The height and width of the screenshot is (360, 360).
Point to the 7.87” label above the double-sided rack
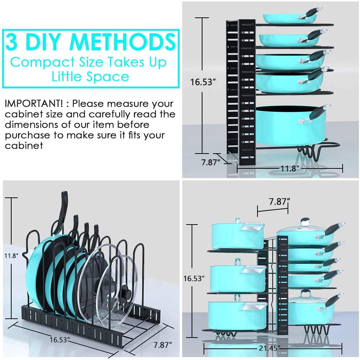point(278,202)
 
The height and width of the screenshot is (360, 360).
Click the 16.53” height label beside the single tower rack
point(203,82)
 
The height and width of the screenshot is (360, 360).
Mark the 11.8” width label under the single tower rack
point(290,168)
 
